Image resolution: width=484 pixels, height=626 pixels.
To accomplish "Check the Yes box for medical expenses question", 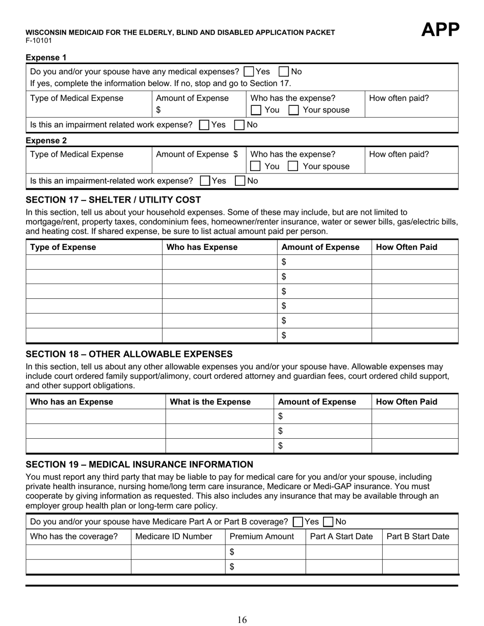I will [249, 72].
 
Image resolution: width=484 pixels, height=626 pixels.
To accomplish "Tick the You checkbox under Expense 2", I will [256, 166].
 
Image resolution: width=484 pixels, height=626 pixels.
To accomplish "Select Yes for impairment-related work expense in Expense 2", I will [205, 181].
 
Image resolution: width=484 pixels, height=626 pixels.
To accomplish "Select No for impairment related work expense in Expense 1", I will [239, 125].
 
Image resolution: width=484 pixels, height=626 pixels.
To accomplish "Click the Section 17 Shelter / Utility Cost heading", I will [113, 200].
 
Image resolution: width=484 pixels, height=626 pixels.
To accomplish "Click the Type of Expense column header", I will [63, 247].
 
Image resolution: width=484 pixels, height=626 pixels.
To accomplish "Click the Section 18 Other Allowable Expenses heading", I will [129, 354].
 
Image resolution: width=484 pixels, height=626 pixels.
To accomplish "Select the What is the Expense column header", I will [210, 402].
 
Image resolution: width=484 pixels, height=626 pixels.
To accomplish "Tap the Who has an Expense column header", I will [72, 402].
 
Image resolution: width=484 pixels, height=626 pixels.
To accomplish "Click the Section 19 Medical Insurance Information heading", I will [139, 464].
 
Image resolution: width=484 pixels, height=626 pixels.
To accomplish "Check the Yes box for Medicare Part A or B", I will [298, 522].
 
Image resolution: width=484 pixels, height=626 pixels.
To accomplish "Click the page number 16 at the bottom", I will [242, 619].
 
